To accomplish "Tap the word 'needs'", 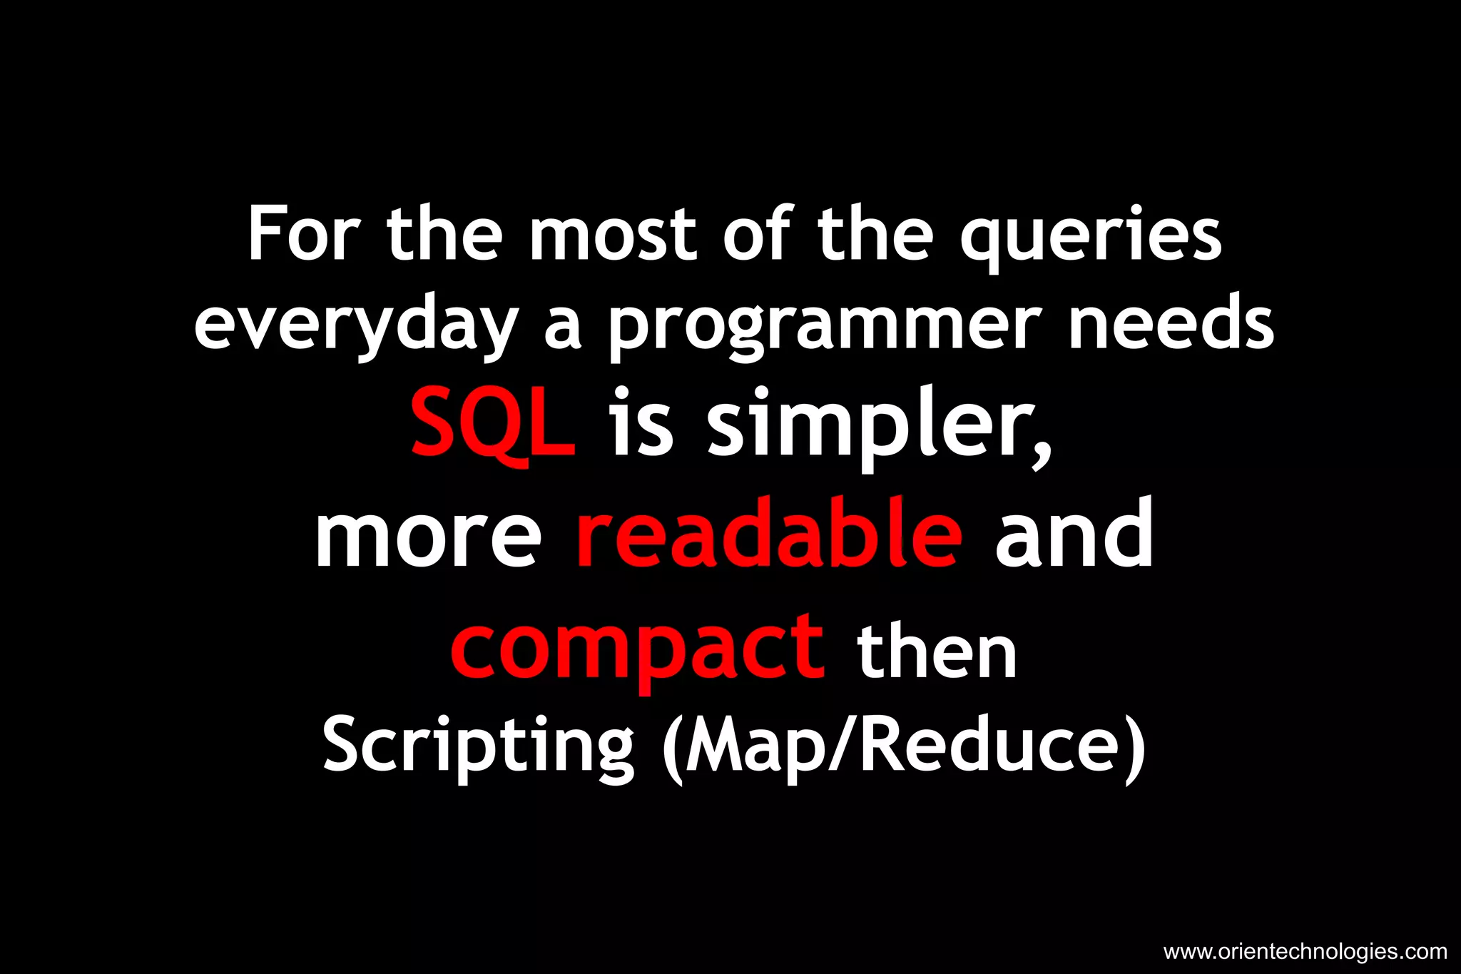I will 1171,325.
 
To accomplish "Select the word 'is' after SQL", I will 641,425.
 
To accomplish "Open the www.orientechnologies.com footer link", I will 1305,952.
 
